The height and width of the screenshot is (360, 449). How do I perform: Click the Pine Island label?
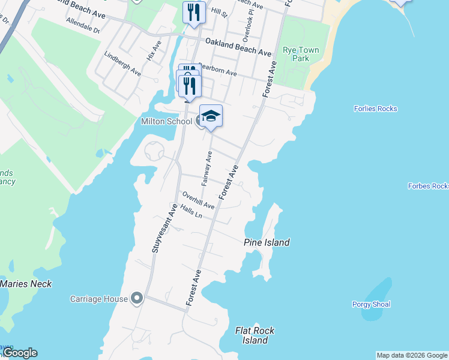pos(267,242)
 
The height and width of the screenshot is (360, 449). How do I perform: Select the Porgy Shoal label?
pos(371,304)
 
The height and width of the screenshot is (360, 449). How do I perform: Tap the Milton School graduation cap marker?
pos(211,116)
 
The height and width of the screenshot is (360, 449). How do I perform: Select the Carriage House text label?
pos(99,299)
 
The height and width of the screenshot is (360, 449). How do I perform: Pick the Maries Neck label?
pos(26,284)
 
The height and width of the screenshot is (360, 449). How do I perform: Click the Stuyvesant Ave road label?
pos(163,228)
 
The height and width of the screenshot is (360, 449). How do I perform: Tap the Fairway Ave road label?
pos(206,169)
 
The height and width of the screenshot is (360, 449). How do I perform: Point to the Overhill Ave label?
pos(199,200)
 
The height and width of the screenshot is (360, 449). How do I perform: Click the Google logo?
pos(19,353)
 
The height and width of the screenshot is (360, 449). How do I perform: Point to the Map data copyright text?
pos(412,355)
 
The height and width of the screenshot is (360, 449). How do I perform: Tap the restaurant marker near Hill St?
pos(194,13)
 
